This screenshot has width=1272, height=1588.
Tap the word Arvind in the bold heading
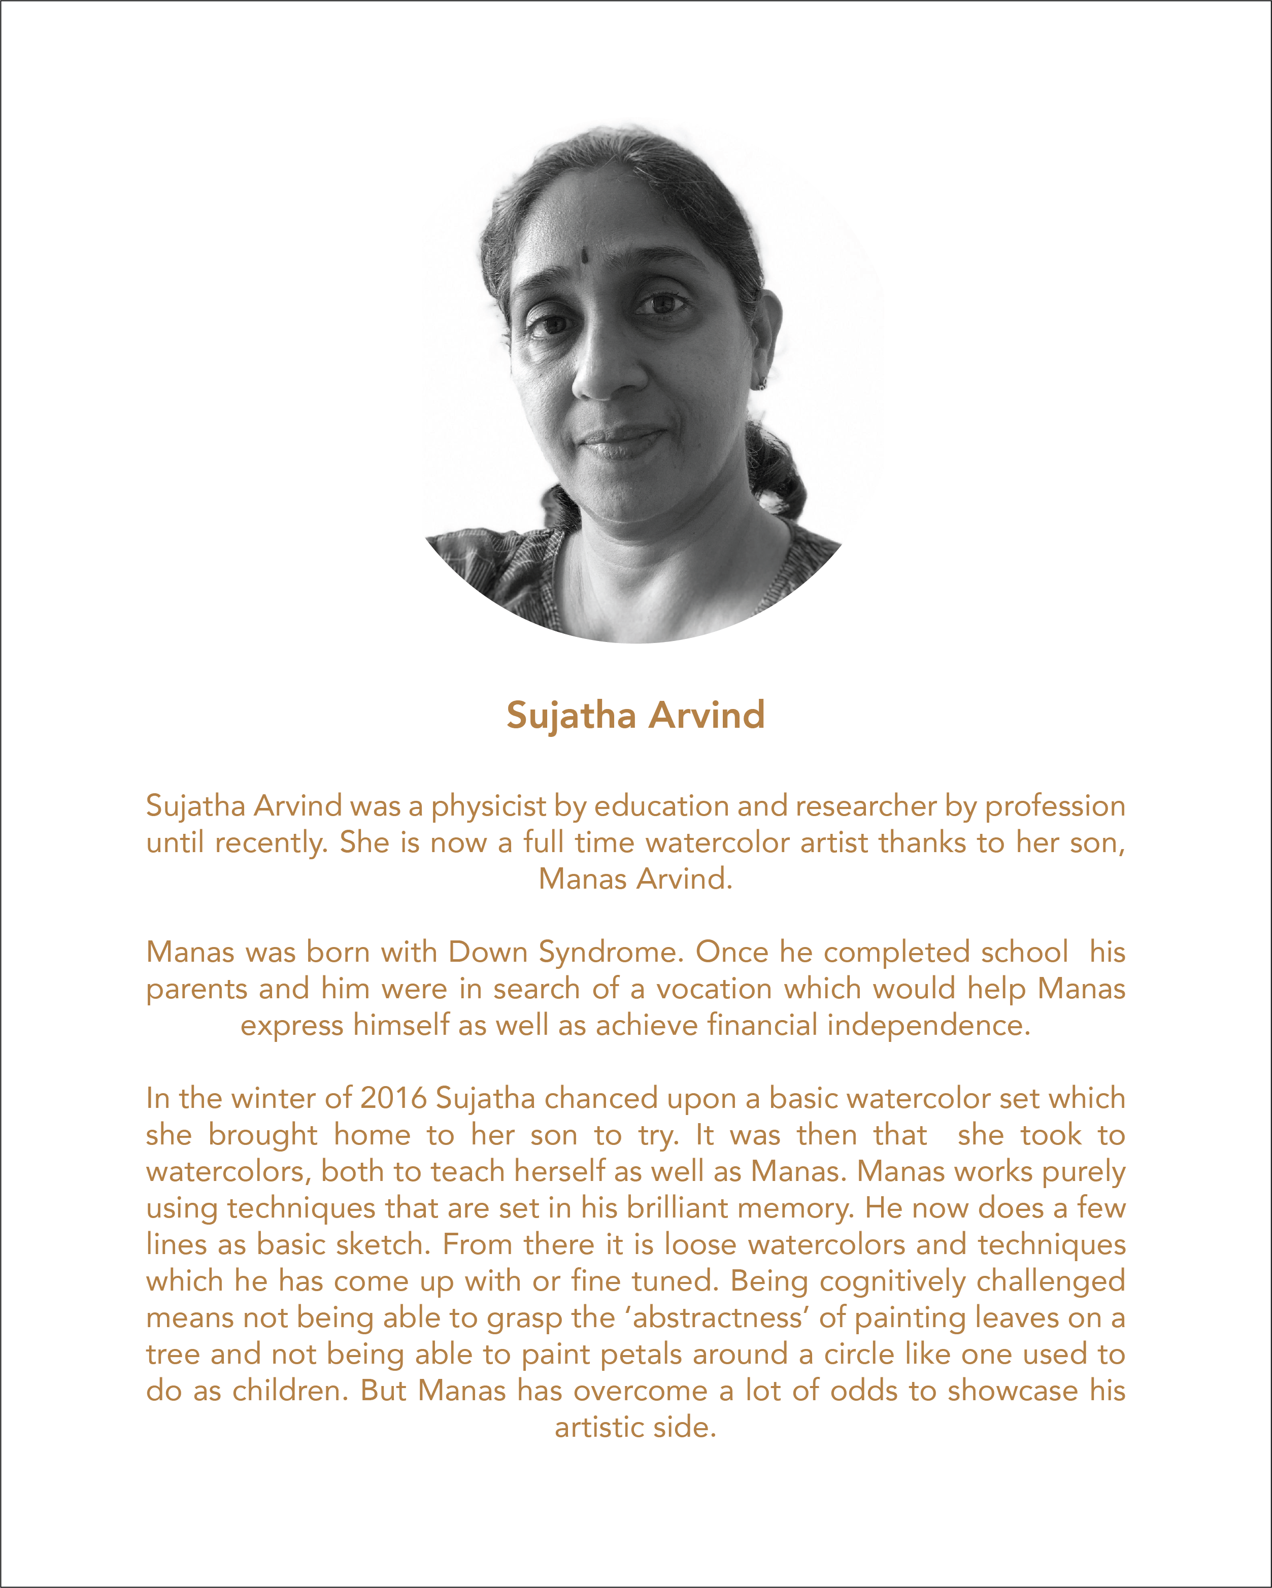click(x=707, y=715)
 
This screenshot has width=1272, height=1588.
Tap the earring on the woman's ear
click(x=762, y=383)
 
